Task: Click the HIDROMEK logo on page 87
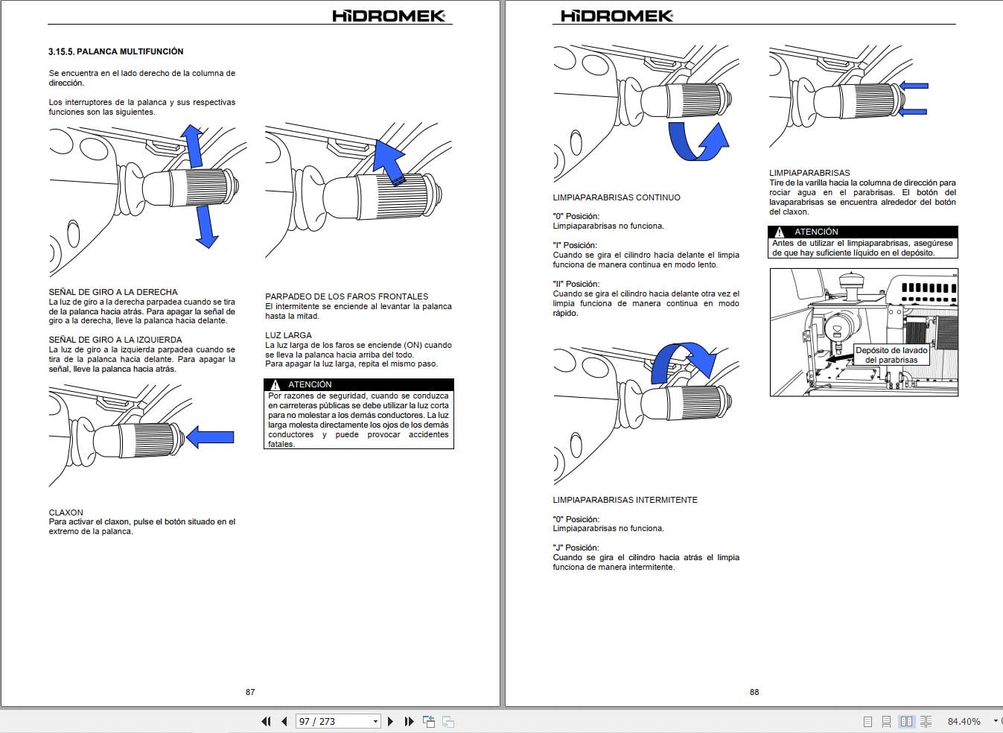[389, 16]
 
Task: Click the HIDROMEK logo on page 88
[616, 16]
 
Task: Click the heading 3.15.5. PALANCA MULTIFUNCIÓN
[115, 51]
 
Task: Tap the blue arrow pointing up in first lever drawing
[194, 146]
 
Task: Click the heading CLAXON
[66, 513]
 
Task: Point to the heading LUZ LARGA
[288, 335]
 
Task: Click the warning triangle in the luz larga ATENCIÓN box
[276, 384]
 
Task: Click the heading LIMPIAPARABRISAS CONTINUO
[616, 197]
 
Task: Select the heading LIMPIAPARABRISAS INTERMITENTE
[625, 500]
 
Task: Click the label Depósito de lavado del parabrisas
[891, 355]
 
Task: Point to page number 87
[250, 692]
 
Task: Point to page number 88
[754, 692]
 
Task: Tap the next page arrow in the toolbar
[390, 721]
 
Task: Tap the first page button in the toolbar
[266, 721]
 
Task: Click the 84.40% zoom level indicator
[964, 721]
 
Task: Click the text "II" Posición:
[576, 284]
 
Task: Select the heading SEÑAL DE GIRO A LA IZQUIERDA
[115, 340]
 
